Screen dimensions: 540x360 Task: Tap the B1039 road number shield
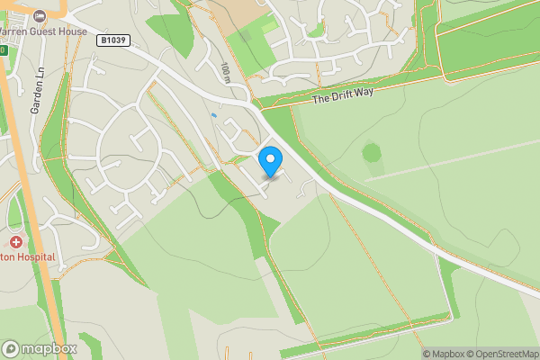pyautogui.click(x=114, y=40)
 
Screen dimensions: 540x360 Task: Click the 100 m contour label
pyautogui.click(x=225, y=73)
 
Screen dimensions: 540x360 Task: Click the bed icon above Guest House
pyautogui.click(x=39, y=15)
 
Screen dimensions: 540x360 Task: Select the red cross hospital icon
pyautogui.click(x=16, y=242)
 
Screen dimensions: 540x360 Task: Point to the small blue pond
pyautogui.click(x=213, y=115)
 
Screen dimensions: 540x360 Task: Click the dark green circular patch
pyautogui.click(x=372, y=153)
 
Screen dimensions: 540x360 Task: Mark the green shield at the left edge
pyautogui.click(x=3, y=50)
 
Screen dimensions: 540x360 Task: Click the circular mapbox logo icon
pyautogui.click(x=11, y=349)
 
